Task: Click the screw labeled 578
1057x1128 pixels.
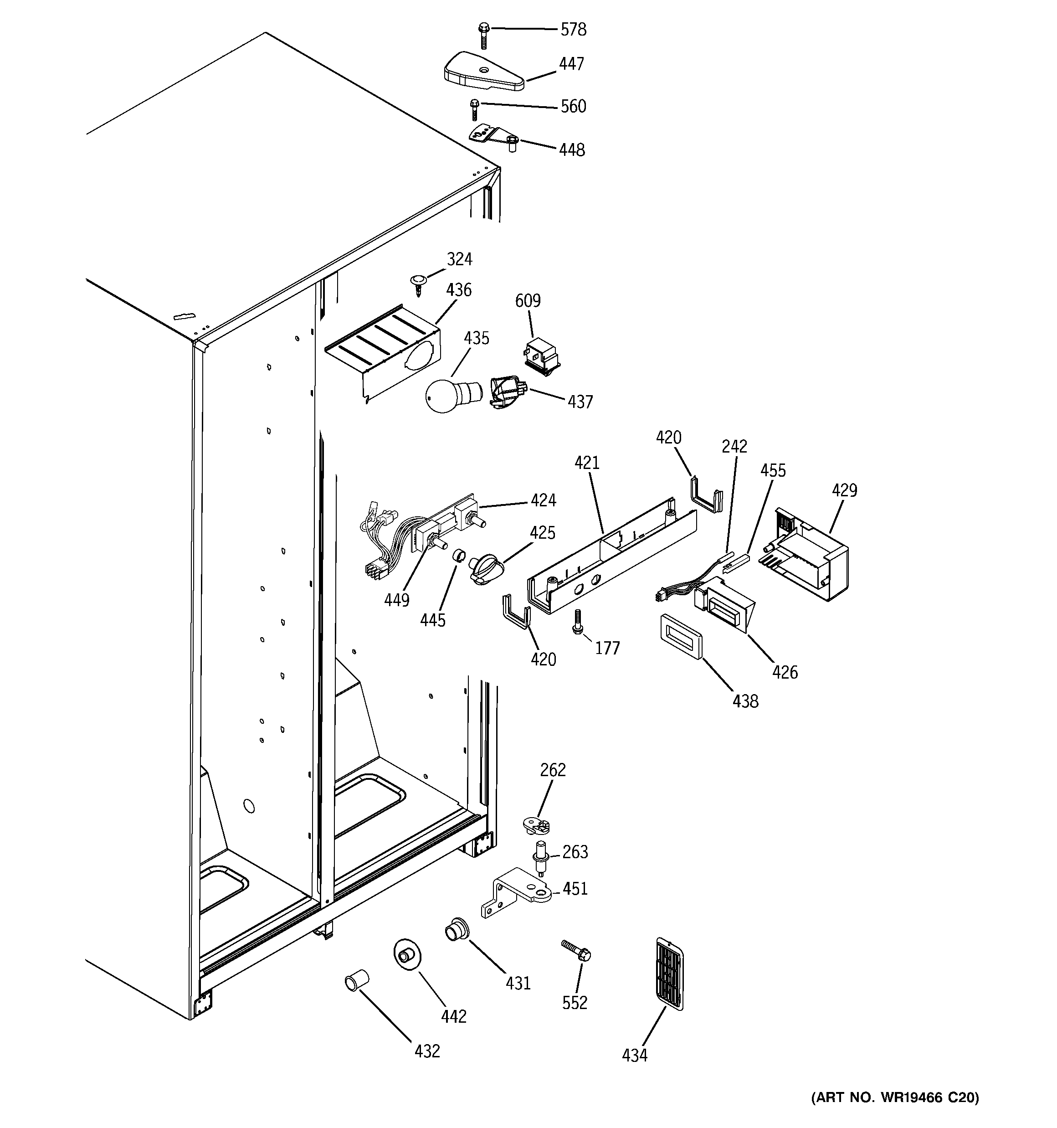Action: tap(484, 35)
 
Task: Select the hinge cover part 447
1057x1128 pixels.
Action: tap(482, 72)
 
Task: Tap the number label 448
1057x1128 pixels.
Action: tap(571, 150)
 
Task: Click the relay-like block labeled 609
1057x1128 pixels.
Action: tap(541, 356)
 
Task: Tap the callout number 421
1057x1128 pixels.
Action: tap(587, 463)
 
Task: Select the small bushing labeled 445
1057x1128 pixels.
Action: tap(458, 555)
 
